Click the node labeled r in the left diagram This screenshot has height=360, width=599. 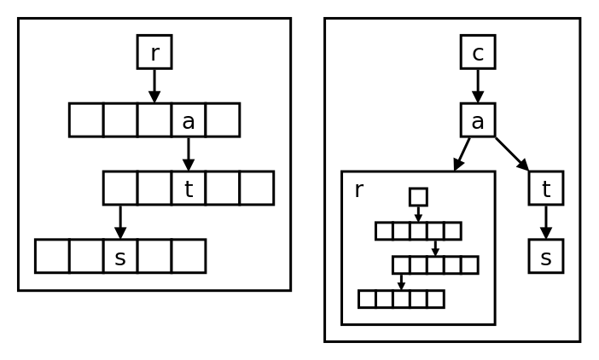(x=154, y=52)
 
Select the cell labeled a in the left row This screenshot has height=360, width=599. (x=189, y=120)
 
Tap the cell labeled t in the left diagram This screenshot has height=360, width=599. (x=189, y=189)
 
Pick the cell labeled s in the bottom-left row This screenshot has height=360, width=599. (x=120, y=256)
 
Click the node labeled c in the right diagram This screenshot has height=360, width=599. (x=478, y=52)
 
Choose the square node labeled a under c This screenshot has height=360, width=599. (x=478, y=120)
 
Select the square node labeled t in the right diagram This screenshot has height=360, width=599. (x=546, y=189)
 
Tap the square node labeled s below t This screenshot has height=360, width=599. (x=546, y=256)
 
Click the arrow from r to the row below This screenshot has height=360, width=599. (x=154, y=85)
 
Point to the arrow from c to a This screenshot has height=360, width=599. (x=478, y=85)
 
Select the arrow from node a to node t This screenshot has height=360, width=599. (x=512, y=154)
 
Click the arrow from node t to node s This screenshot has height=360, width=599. (x=546, y=222)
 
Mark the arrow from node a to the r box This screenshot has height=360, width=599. (x=462, y=154)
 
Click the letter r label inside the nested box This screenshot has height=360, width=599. (x=359, y=190)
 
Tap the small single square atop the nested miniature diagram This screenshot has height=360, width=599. (x=418, y=197)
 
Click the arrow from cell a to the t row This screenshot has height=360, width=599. (x=189, y=154)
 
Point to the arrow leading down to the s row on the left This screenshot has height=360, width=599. (x=120, y=222)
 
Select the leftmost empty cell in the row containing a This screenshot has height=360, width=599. (x=86, y=120)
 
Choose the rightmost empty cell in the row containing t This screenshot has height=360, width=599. (x=256, y=189)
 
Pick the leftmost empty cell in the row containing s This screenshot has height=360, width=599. (x=52, y=256)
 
